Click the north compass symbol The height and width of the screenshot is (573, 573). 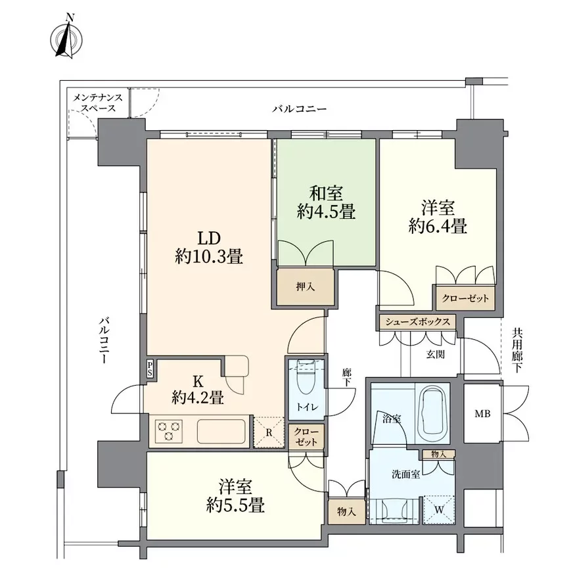point(66,36)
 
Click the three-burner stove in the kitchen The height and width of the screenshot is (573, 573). point(168,430)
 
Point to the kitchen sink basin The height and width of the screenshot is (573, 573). point(221,431)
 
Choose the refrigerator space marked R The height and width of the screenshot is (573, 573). point(269,432)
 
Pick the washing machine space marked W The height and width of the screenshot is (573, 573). point(439,510)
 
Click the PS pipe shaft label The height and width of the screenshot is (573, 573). point(150,369)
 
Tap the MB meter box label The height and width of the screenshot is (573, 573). point(482,414)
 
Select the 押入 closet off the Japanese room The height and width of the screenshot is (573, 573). point(306,287)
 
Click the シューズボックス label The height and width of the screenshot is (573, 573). point(417,321)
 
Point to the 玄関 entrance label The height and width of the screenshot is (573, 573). point(435,354)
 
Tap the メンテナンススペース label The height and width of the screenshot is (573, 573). point(98,103)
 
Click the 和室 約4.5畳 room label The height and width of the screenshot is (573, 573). point(326,202)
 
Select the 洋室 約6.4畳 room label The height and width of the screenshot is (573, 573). point(438,217)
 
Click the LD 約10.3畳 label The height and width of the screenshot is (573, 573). point(209,247)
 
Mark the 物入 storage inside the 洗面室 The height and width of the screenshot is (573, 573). point(438,454)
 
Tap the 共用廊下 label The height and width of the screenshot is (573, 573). point(516,350)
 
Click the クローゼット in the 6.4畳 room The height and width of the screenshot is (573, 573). point(465,298)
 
